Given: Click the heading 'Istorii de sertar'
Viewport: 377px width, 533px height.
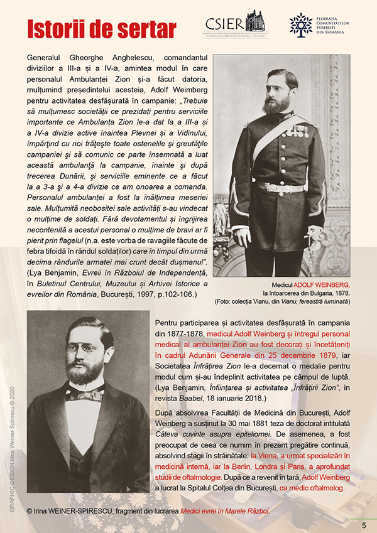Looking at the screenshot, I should (x=101, y=28).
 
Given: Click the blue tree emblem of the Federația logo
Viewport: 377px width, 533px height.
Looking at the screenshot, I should (x=300, y=24).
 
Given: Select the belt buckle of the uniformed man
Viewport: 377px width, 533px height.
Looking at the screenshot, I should (x=284, y=187).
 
